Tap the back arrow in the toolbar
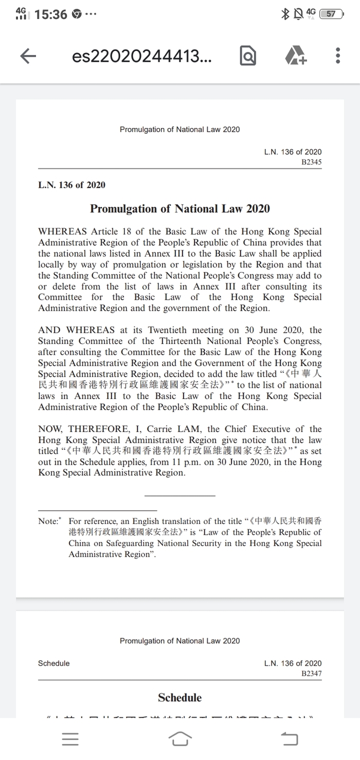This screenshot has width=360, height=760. coord(28,57)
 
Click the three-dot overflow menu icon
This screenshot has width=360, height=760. coord(338,56)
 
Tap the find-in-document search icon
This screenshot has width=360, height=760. coord(247,57)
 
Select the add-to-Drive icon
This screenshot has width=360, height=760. coord(296,56)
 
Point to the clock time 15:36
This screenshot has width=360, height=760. coord(51,14)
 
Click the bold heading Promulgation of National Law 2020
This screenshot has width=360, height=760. coord(179,208)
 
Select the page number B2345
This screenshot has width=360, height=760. coord(311,162)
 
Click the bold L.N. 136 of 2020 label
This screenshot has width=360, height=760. coord(71,185)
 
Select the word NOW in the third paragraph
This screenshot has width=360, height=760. coord(50,429)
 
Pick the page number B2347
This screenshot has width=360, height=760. coord(311,674)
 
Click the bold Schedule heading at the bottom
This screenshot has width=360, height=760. coord(179,698)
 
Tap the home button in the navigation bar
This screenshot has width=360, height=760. coord(180,739)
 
